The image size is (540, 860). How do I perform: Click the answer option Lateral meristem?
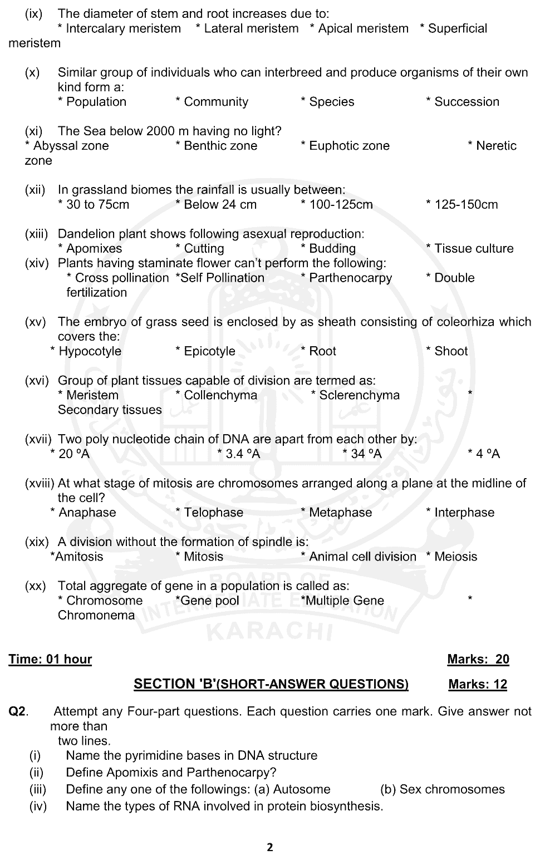point(251,28)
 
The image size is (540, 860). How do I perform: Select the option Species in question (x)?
point(331,102)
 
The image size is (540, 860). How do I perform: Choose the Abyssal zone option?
point(71,146)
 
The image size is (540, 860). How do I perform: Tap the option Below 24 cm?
point(220,204)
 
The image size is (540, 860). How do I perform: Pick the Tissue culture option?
point(473,248)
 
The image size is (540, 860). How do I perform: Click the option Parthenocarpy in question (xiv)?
point(350,278)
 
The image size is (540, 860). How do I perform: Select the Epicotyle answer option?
point(209,351)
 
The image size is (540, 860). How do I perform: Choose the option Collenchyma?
point(220,395)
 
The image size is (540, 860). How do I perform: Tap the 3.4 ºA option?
point(242,454)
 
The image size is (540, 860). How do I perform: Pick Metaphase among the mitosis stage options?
point(340,513)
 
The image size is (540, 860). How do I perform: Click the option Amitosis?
point(79,557)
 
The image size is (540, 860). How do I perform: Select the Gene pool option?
point(210,601)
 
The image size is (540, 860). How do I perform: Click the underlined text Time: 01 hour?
point(50,659)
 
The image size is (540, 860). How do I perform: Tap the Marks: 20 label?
point(478,659)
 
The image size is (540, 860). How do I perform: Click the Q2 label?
point(18,711)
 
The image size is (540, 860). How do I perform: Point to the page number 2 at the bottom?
point(270,848)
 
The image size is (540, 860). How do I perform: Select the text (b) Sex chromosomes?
point(442,789)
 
